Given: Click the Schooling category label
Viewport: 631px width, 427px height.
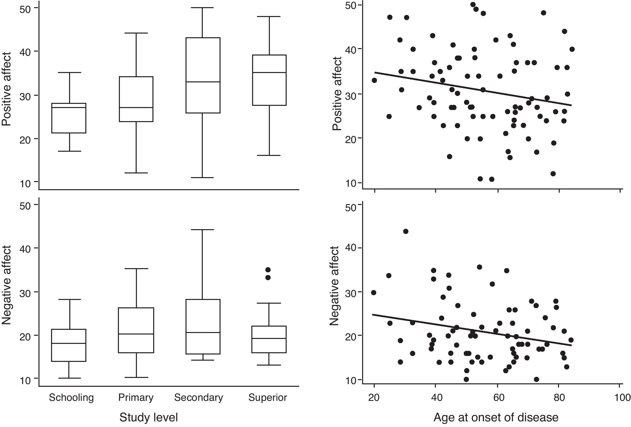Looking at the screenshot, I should pos(71,398).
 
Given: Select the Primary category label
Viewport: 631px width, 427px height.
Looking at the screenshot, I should pos(136,398).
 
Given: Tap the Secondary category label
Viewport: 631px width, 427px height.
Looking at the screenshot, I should pos(199,398).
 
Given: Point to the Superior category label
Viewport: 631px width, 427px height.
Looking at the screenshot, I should pos(267,398).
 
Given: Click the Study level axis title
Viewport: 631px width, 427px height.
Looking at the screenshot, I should pos(148,417).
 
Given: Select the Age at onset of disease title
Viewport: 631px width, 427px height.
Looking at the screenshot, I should pos(496,417).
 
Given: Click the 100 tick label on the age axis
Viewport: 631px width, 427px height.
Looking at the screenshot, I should pos(622,398).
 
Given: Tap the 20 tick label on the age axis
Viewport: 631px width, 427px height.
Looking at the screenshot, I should pos(374,398).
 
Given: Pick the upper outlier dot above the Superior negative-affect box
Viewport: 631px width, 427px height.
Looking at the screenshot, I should pos(268,270).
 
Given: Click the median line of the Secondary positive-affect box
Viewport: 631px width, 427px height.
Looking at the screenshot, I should pos(203,82).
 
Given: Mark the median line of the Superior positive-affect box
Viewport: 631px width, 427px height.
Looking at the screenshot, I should pos(269,73).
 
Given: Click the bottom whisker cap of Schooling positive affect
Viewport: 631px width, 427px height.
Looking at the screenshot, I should pos(70,151).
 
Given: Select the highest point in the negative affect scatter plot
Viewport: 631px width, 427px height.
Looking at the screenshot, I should pos(406,231).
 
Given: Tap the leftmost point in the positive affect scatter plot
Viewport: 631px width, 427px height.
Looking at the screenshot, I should pos(374,80).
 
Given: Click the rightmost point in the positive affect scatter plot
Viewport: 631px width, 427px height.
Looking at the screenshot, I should pos(572,49).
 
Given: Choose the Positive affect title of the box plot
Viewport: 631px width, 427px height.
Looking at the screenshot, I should pos(6,89).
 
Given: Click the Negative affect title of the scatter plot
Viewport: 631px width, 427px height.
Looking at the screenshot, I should pos(334,286).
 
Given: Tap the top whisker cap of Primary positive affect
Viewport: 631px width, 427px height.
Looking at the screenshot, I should pos(136,33).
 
